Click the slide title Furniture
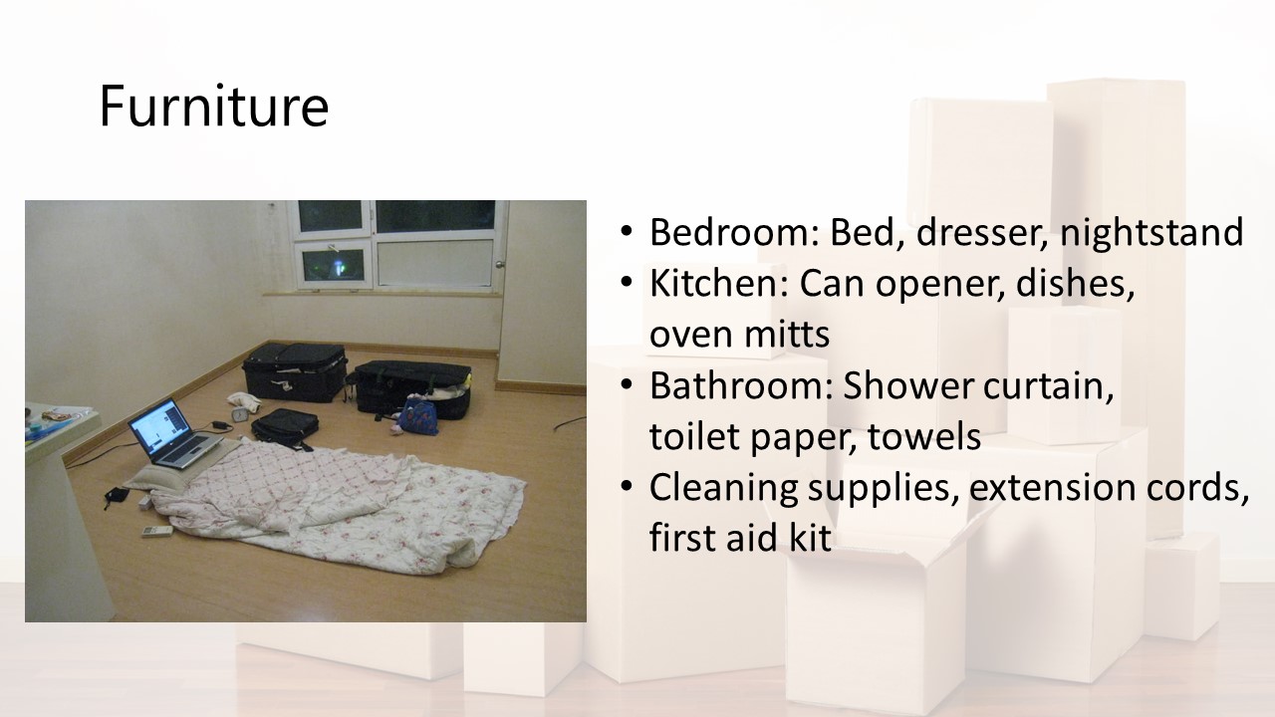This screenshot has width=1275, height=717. (x=214, y=106)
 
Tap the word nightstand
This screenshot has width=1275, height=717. (x=1151, y=233)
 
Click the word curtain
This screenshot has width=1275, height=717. (x=1049, y=386)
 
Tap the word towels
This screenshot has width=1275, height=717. (x=924, y=436)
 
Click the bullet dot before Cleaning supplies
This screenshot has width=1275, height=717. (x=627, y=488)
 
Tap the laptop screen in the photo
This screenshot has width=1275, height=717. (x=159, y=424)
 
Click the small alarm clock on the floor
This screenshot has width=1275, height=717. (x=240, y=414)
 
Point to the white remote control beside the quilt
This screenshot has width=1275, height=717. (x=157, y=532)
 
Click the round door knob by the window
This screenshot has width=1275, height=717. (x=499, y=265)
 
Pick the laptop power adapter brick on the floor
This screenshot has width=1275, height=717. (x=220, y=425)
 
